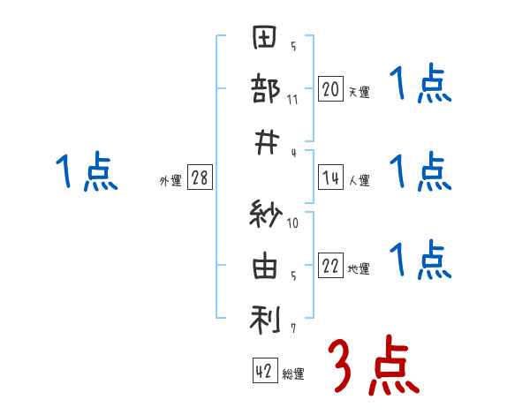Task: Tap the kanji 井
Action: point(265,140)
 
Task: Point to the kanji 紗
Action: point(265,217)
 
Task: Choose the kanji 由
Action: point(265,268)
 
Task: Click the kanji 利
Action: point(265,319)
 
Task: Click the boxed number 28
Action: point(200,178)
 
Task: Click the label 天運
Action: point(359,91)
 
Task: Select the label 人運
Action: point(359,180)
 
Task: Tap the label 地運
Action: point(359,269)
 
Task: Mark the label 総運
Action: point(293,374)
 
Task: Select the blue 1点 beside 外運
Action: point(87,172)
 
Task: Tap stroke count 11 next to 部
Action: point(292,99)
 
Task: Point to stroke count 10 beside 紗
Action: point(292,223)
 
